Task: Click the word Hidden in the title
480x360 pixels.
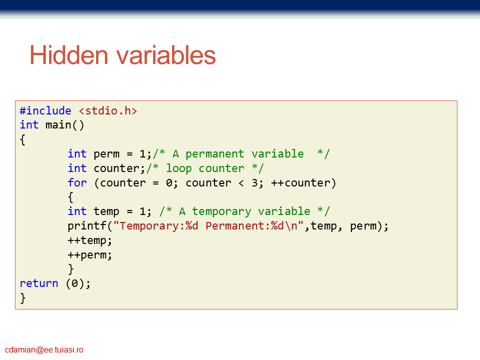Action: pyautogui.click(x=69, y=55)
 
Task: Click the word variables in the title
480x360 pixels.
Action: pyautogui.click(x=166, y=55)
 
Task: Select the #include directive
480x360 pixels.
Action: pyautogui.click(x=45, y=111)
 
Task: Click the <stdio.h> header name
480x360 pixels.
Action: pyautogui.click(x=108, y=111)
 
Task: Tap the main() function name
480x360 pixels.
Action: pyautogui.click(x=64, y=125)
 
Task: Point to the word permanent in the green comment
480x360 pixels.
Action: pyautogui.click(x=214, y=153)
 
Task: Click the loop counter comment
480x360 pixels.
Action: pyautogui.click(x=205, y=168)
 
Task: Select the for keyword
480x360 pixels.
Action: pyautogui.click(x=77, y=183)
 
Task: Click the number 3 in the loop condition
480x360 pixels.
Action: pyautogui.click(x=255, y=183)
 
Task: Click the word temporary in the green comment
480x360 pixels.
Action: pyautogui.click(x=221, y=211)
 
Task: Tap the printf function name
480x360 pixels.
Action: pyautogui.click(x=87, y=226)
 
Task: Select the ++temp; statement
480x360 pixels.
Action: pyautogui.click(x=89, y=240)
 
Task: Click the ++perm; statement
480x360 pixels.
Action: pyautogui.click(x=89, y=254)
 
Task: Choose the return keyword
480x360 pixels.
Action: pyautogui.click(x=39, y=283)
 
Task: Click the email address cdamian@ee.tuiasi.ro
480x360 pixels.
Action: pyautogui.click(x=44, y=349)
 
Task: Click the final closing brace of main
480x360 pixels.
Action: pyautogui.click(x=22, y=298)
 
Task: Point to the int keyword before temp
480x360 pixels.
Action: pyautogui.click(x=77, y=211)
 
